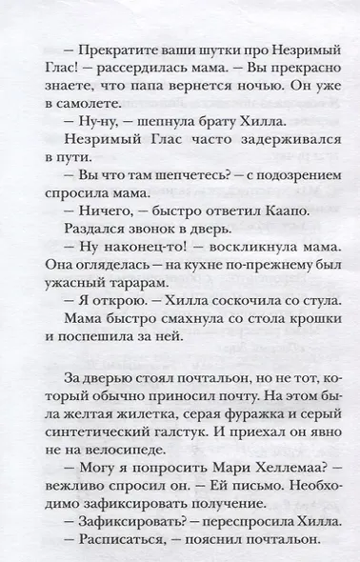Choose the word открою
pyautogui.click(x=105, y=328)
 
